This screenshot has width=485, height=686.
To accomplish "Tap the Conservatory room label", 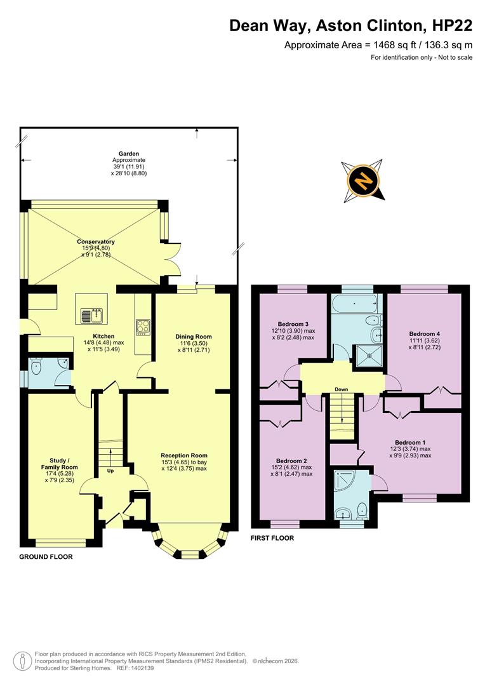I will (x=96, y=242).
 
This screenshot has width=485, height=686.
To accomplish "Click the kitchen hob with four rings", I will (x=142, y=326).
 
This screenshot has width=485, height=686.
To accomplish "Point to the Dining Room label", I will (x=194, y=337).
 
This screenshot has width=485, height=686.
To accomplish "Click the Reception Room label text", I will (x=184, y=455).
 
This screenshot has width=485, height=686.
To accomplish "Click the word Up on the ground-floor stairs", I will (x=110, y=471).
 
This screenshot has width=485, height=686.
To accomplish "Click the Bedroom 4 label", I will (x=424, y=334).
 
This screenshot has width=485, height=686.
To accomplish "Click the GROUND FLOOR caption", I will (x=46, y=557).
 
